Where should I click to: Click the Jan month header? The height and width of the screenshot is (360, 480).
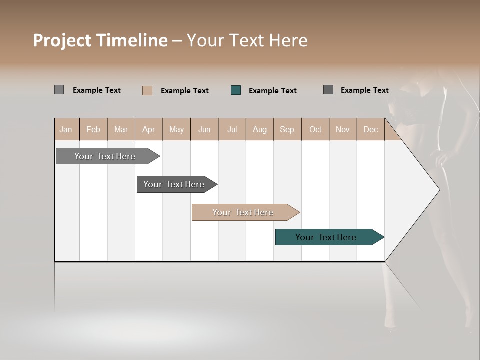click(x=66, y=130)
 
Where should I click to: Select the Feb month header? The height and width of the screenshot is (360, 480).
click(x=93, y=130)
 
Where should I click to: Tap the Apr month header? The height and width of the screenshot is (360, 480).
click(x=149, y=130)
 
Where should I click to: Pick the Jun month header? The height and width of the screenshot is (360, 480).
click(x=204, y=130)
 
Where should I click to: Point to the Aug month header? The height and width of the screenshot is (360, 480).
click(x=260, y=130)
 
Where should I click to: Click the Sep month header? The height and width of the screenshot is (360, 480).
click(x=287, y=130)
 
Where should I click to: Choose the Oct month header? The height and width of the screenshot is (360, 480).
click(x=315, y=130)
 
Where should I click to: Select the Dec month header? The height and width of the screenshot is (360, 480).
click(x=371, y=130)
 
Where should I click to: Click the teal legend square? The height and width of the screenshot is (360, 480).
click(x=236, y=90)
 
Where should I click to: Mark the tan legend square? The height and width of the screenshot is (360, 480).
click(x=147, y=90)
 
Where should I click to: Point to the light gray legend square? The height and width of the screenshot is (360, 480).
click(x=59, y=90)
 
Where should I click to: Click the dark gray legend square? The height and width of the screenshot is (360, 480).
click(x=328, y=90)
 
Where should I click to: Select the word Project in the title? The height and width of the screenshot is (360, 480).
click(x=61, y=40)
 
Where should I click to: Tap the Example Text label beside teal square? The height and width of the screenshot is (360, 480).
click(x=273, y=91)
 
